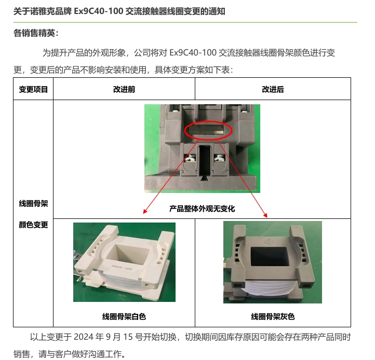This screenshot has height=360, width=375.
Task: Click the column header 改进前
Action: pos(124,89)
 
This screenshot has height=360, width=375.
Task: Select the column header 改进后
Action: pos(273,89)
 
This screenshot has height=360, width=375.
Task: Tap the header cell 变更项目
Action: pos(33,89)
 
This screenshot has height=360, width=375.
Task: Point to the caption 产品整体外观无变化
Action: pos(202,209)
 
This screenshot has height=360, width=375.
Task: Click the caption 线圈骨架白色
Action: pos(124,316)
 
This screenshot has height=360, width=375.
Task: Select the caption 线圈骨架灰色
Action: pos(273,316)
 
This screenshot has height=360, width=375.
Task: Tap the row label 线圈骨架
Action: pos(33,203)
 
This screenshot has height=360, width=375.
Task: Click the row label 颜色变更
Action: pos(33,225)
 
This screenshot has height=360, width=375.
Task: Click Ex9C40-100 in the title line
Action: pos(98,11)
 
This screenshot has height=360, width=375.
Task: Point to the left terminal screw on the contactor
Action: pos(190,158)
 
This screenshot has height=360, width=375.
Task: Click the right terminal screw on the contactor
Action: pos(219,158)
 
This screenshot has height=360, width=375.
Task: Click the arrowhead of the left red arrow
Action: pos(144,212)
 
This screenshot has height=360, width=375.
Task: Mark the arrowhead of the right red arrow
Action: pos(265,215)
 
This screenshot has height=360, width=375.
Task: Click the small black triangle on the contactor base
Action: pos(204,178)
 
